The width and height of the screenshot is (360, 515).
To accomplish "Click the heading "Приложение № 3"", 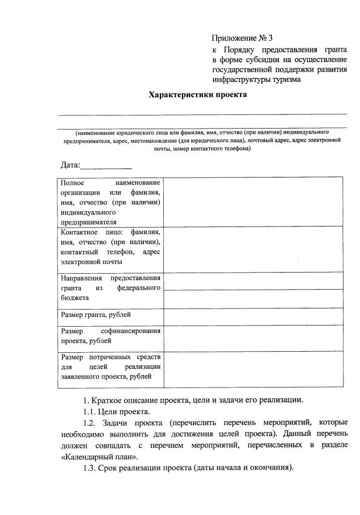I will tap(242, 39).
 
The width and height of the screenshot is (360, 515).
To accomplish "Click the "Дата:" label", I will tap(71, 166).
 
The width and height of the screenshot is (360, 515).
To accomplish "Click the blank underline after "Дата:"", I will tap(106, 166).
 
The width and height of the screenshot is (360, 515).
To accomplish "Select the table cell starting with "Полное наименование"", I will tap(110, 202).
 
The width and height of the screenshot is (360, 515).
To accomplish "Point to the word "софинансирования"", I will tap(131, 331).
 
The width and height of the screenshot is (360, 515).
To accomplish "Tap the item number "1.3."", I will tap(89, 468).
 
